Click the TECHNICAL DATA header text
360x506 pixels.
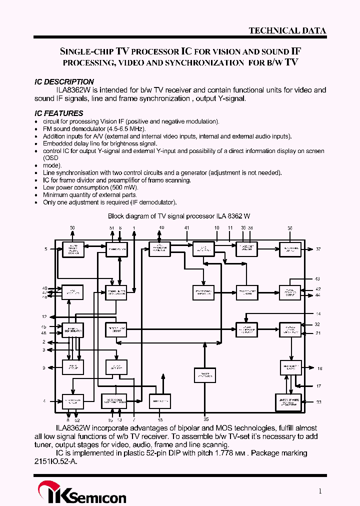pyautogui.click(x=287, y=30)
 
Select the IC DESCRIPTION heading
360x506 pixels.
pyautogui.click(x=64, y=81)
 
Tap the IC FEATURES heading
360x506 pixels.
pyautogui.click(x=59, y=113)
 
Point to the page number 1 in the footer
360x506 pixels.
pyautogui.click(x=320, y=491)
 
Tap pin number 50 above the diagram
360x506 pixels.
pyautogui.click(x=72, y=228)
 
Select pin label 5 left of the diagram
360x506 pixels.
pyautogui.click(x=45, y=248)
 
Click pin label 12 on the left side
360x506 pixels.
pyautogui.click(x=44, y=317)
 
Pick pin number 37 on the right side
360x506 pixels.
pyautogui.click(x=318, y=249)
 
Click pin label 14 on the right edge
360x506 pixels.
pyautogui.click(x=318, y=313)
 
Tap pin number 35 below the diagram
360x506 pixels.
pyautogui.click(x=206, y=419)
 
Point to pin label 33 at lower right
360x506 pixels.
pyautogui.click(x=318, y=402)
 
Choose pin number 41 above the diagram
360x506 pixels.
pyautogui.click(x=187, y=228)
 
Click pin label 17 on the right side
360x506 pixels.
pyautogui.click(x=318, y=386)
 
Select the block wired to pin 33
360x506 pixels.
pyautogui.click(x=289, y=402)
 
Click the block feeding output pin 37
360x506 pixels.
pyautogui.click(x=290, y=249)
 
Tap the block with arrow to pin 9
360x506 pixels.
pyautogui.click(x=73, y=367)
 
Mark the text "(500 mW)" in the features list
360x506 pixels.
pyautogui.click(x=123, y=187)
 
